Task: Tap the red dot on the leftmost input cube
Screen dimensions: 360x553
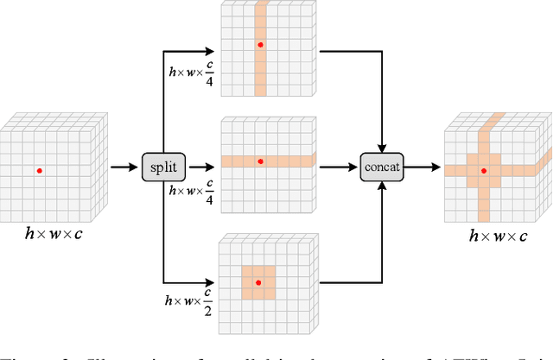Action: pos(39,171)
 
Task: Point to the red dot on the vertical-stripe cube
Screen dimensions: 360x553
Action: pos(260,44)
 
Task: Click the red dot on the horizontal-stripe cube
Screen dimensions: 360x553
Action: pos(260,161)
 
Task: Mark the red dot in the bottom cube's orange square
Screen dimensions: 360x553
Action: pos(257,281)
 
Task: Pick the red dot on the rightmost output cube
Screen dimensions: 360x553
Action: pos(483,171)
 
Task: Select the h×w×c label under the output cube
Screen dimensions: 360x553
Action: pos(497,235)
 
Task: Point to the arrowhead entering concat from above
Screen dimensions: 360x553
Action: pos(382,148)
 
